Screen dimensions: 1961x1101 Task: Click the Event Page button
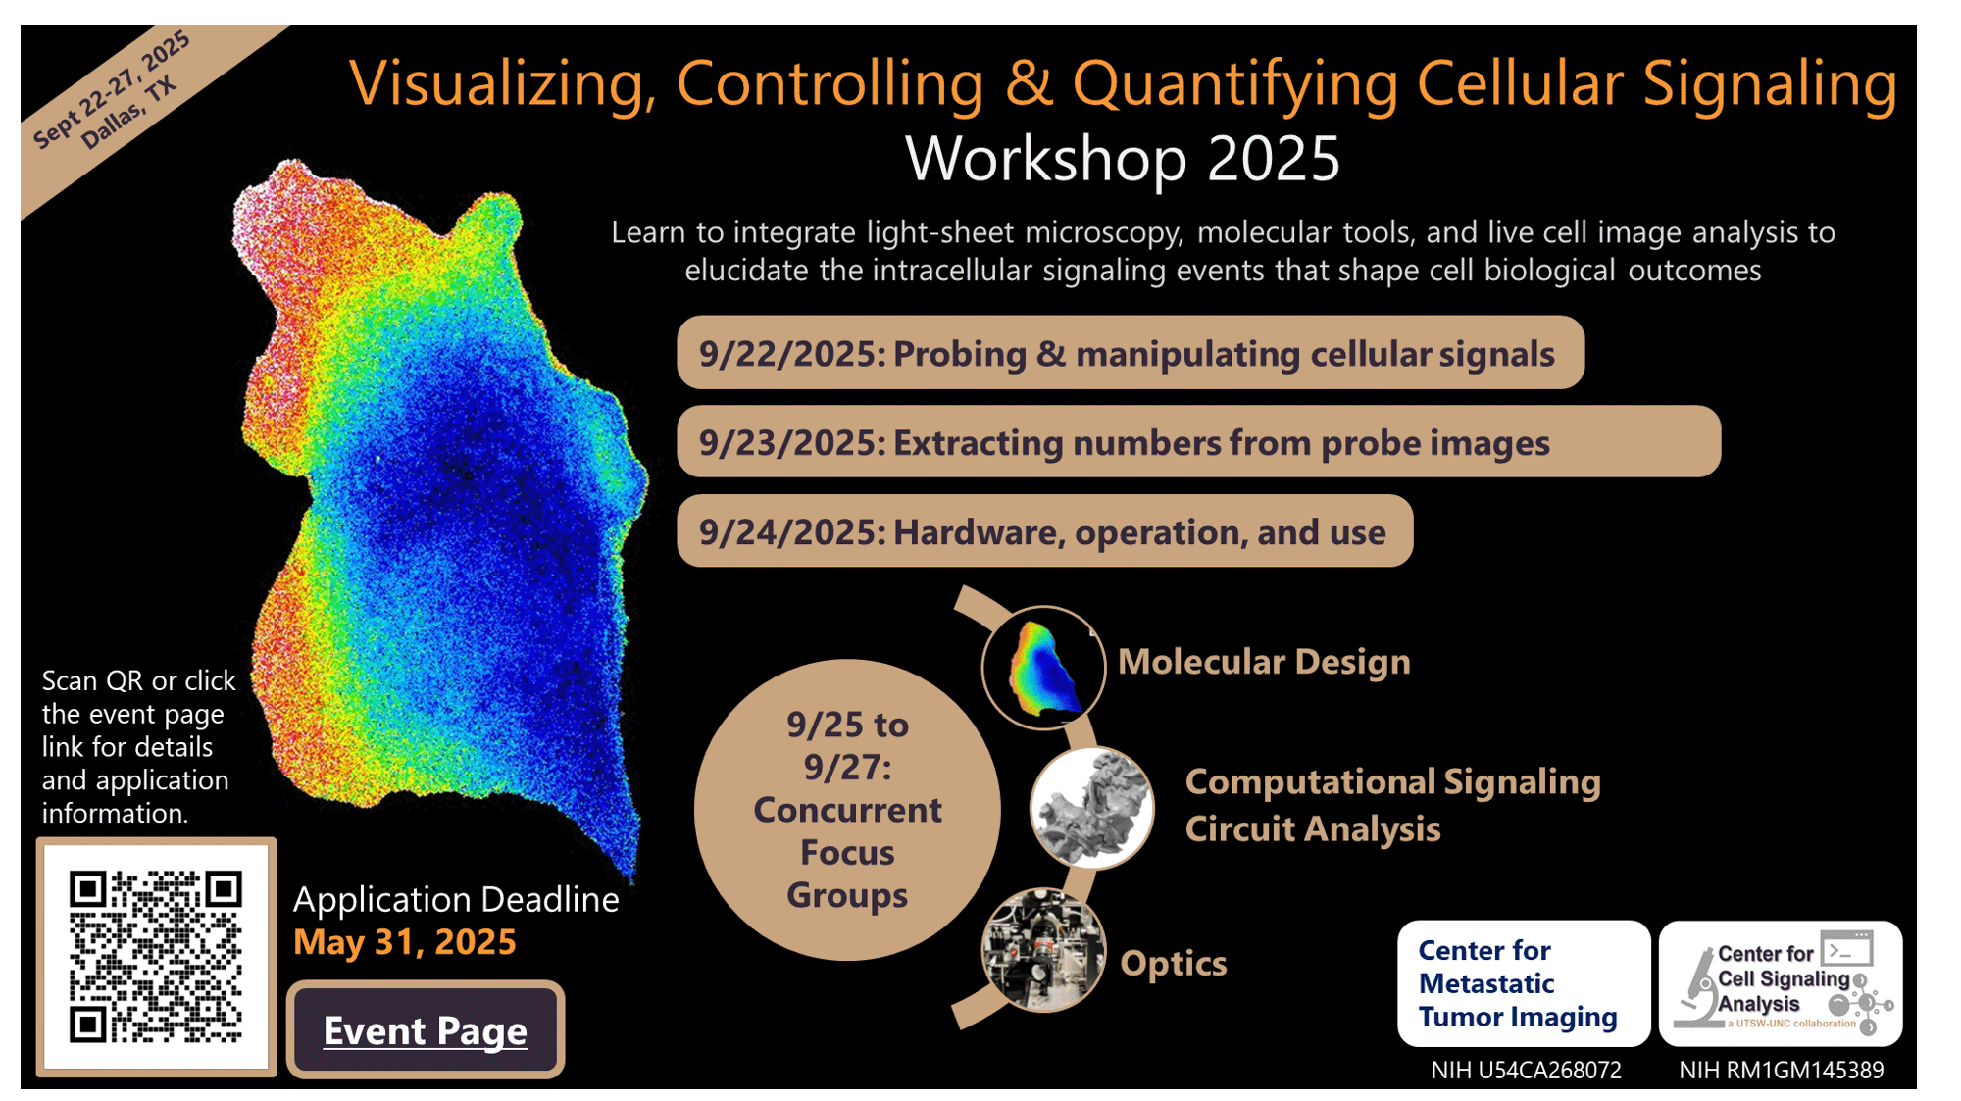[x=426, y=1029]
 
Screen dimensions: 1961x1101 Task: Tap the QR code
[x=156, y=957]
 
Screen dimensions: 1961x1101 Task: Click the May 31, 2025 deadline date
[x=405, y=942]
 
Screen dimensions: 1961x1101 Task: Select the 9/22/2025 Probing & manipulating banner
[x=1130, y=353]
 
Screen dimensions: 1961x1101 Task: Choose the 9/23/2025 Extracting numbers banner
[x=1198, y=442]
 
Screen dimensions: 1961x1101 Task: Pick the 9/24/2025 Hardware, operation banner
[x=1044, y=531]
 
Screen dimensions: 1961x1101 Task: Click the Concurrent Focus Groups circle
[x=847, y=810]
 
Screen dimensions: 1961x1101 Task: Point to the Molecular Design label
[x=1264, y=662]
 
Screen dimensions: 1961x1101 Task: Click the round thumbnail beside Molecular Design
[x=1043, y=668]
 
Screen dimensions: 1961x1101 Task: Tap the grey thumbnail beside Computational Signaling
[x=1092, y=808]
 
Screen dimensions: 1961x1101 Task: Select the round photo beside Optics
[x=1043, y=950]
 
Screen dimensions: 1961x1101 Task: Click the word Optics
[x=1174, y=964]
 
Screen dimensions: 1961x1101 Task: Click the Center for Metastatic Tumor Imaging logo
[x=1524, y=983]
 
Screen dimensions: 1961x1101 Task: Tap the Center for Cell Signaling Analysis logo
[x=1781, y=983]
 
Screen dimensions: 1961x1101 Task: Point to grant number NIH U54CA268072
[x=1526, y=1070]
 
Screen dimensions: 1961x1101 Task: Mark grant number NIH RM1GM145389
[x=1781, y=1070]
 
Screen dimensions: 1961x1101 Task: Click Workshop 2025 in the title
[x=1123, y=159]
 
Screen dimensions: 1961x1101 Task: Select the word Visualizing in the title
[x=503, y=83]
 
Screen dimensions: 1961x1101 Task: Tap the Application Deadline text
[x=456, y=899]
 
